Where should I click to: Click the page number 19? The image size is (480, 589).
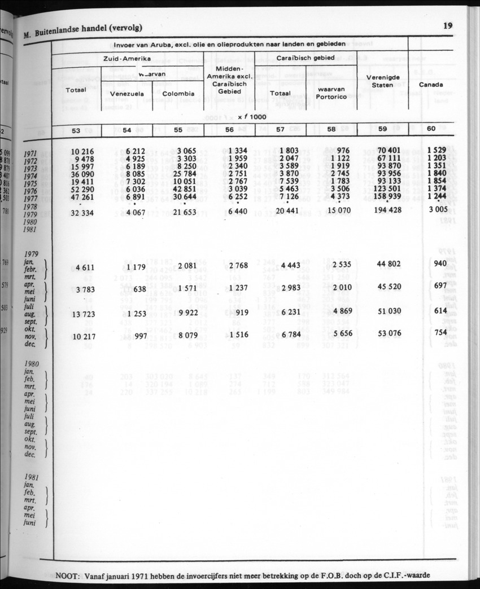click(x=448, y=25)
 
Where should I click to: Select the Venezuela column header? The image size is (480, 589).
click(x=127, y=94)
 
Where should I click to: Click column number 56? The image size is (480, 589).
click(x=229, y=129)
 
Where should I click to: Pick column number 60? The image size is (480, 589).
click(x=431, y=129)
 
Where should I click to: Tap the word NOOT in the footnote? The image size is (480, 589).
click(x=68, y=575)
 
